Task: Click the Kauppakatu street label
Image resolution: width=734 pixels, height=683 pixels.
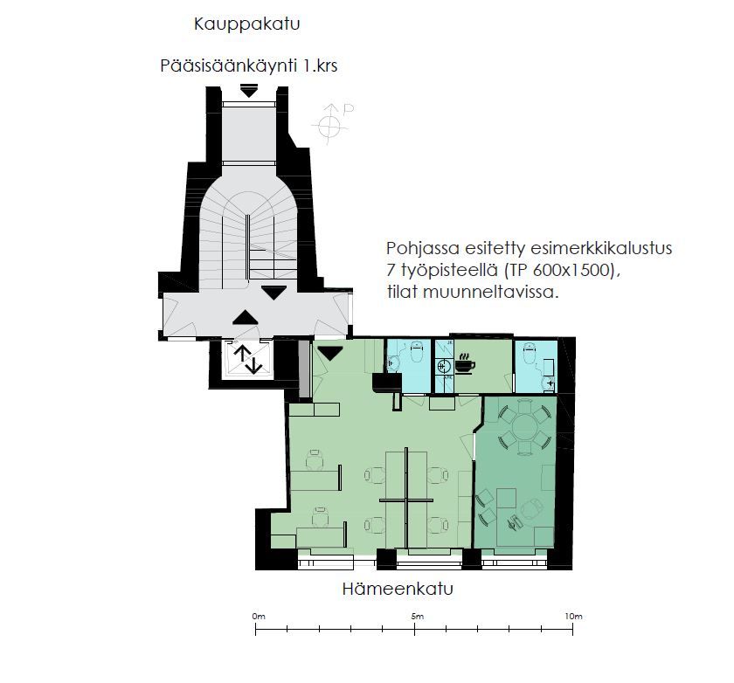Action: [x=246, y=24]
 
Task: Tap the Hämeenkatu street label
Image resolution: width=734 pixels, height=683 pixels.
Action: [x=398, y=589]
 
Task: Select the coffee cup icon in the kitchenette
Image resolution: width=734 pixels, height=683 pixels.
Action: [x=465, y=364]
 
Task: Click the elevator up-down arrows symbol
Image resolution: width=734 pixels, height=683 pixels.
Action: [x=247, y=359]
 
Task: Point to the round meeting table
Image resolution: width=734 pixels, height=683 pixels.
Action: [x=525, y=425]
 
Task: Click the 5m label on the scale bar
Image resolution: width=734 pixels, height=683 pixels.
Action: [x=417, y=616]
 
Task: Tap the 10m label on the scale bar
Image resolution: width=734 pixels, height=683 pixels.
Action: [x=573, y=616]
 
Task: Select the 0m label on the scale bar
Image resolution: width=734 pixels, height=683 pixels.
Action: [x=259, y=616]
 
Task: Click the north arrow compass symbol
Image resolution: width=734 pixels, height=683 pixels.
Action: [x=331, y=123]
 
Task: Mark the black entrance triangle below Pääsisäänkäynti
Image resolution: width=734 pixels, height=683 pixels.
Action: [x=248, y=90]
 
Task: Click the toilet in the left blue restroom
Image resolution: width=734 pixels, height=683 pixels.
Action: [x=416, y=351]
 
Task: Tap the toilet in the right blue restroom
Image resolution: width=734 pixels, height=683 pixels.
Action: [x=530, y=353]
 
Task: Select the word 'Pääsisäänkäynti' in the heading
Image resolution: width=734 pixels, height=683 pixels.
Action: [x=228, y=66]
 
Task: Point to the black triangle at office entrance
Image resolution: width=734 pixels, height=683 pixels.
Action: [x=330, y=353]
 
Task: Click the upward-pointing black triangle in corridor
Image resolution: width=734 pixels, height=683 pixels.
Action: [x=246, y=317]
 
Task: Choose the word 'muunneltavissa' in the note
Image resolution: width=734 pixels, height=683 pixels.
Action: [x=490, y=293]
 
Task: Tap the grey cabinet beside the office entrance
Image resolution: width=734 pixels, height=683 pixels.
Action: [x=304, y=369]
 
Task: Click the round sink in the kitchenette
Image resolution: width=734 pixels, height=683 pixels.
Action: [x=443, y=365]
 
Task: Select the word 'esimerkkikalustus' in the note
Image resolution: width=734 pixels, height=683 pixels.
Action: [x=568, y=248]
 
